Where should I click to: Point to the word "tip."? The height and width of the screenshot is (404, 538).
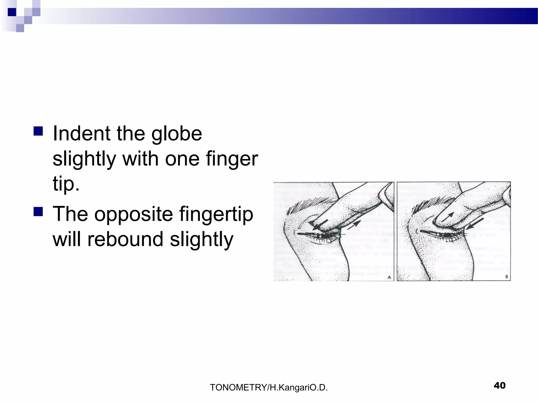tap(66, 184)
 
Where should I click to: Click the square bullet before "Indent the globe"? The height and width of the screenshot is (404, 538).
tap(38, 131)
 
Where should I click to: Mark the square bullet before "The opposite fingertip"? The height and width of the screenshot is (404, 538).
tap(38, 211)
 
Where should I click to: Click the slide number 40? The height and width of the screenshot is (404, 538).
tap(499, 386)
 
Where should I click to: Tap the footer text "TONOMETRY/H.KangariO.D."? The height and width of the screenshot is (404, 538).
tap(269, 387)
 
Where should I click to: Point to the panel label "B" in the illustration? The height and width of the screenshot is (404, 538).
tap(506, 277)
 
